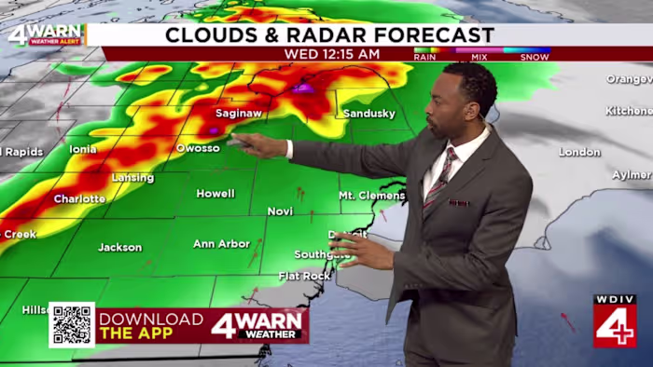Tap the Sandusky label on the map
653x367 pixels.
[369, 114]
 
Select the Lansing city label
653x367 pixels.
[132, 178]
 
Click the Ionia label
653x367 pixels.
[83, 149]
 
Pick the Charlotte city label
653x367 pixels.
[79, 199]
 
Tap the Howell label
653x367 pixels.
[215, 194]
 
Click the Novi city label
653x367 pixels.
[280, 211]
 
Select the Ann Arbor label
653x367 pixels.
[221, 244]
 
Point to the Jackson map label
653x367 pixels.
[120, 248]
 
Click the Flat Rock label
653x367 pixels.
[304, 277]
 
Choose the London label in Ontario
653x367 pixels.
[579, 152]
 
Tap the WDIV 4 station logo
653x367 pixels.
[614, 321]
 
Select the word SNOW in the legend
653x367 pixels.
[534, 56]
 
